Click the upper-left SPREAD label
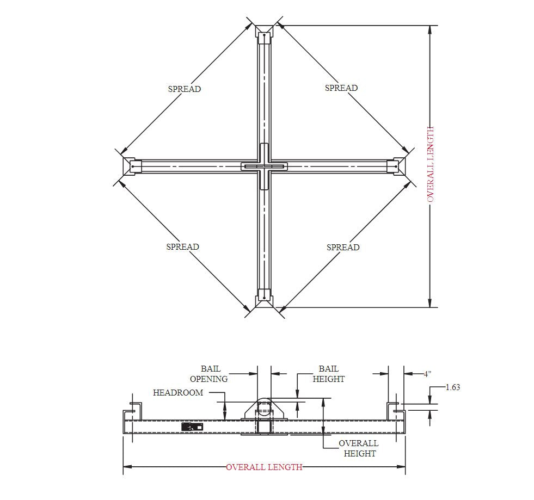tap(184, 89)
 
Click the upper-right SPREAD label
tap(341, 88)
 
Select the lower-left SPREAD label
tap(182, 247)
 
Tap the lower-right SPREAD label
tap(343, 248)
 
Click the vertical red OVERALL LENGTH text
tap(431, 164)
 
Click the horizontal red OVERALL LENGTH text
tap(264, 467)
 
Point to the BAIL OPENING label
tap(208, 374)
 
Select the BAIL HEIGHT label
tap(328, 374)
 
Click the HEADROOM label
tap(178, 392)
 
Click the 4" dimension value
tap(428, 374)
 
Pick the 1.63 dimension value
tap(452, 387)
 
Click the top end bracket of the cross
tap(264, 35)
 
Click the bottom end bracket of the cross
tap(264, 297)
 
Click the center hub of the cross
tap(264, 166)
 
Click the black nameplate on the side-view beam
tap(192, 427)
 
